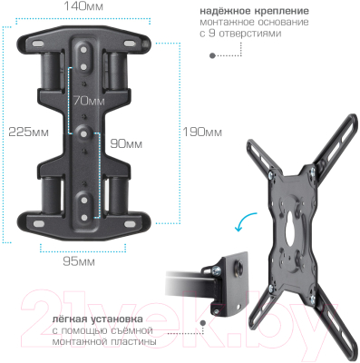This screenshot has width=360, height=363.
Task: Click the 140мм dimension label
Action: [83, 6]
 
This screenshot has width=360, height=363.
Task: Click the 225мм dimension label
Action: [28, 132]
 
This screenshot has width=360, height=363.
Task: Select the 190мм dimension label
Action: [202, 132]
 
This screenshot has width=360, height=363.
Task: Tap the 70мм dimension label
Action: [89, 101]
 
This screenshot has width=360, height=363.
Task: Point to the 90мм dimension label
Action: [126, 143]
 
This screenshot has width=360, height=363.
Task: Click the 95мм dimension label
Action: [79, 261]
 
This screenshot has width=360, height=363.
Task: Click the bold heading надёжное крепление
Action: [254, 11]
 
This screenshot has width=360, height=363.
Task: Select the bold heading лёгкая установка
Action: [98, 319]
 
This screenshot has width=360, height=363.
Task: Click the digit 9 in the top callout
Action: [212, 34]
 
